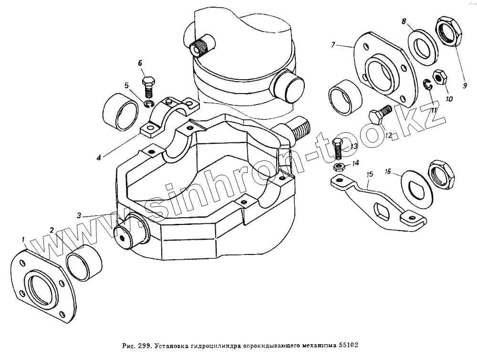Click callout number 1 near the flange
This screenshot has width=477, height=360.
click(22, 238)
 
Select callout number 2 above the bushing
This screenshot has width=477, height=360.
click(52, 230)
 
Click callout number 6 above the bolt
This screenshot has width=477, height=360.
click(140, 63)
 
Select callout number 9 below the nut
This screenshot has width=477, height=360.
click(464, 86)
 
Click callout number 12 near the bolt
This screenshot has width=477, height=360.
click(388, 135)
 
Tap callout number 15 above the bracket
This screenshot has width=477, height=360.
click(369, 175)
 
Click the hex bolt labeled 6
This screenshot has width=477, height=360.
click(148, 86)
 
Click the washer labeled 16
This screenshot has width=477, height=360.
click(417, 185)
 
